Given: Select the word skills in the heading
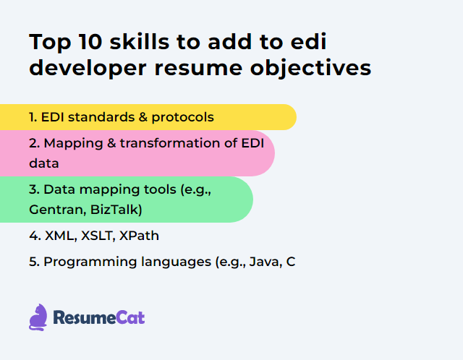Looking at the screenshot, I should click(x=142, y=42).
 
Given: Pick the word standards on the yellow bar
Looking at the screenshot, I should click(x=93, y=116).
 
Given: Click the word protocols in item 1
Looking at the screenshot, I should click(x=184, y=116).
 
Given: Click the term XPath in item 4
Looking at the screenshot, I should click(x=140, y=236).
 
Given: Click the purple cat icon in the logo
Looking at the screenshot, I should click(x=38, y=317).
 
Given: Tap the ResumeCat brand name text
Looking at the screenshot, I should click(x=98, y=317).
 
